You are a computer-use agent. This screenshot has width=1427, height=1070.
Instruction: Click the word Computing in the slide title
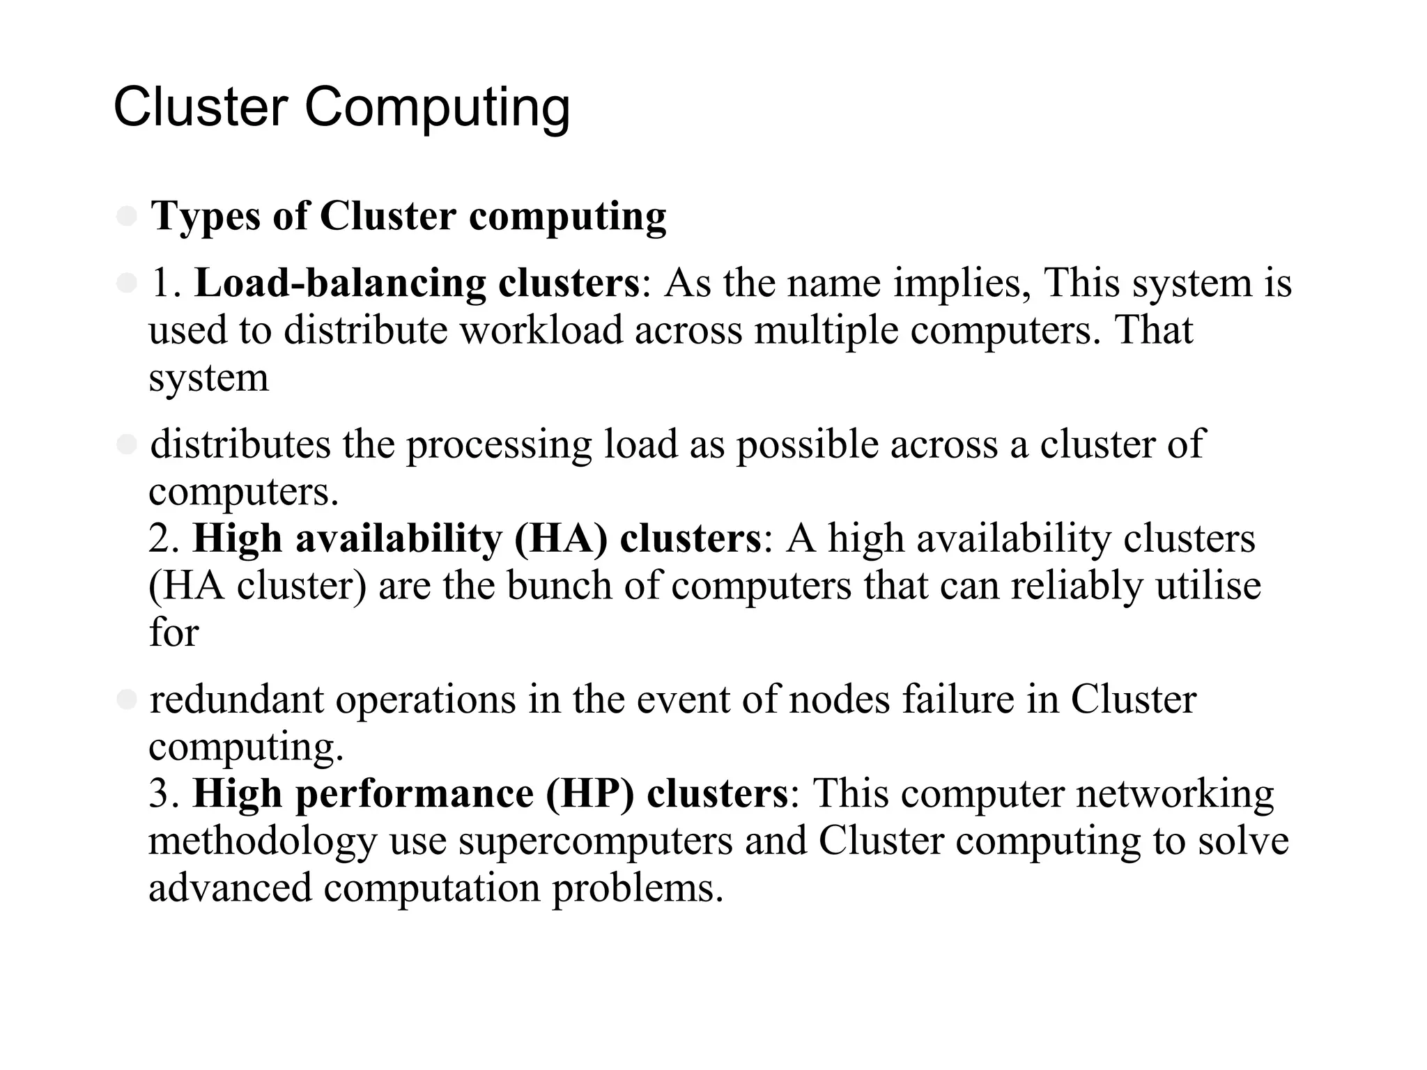click(x=437, y=109)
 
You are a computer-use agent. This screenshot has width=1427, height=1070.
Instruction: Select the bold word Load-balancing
click(x=340, y=284)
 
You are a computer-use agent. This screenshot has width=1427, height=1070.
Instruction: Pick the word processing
click(x=499, y=446)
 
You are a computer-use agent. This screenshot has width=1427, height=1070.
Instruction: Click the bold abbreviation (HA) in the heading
click(x=561, y=539)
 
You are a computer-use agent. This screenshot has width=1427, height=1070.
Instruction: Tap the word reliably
click(x=1077, y=586)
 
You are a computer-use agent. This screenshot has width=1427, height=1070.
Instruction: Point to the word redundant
click(x=237, y=700)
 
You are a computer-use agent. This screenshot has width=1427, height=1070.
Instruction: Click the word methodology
click(x=263, y=842)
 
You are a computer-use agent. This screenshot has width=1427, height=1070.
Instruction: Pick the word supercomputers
click(x=596, y=842)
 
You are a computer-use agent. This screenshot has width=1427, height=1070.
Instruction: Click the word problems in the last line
click(x=638, y=888)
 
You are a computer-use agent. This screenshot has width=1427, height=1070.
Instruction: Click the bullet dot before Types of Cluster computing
click(x=127, y=216)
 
